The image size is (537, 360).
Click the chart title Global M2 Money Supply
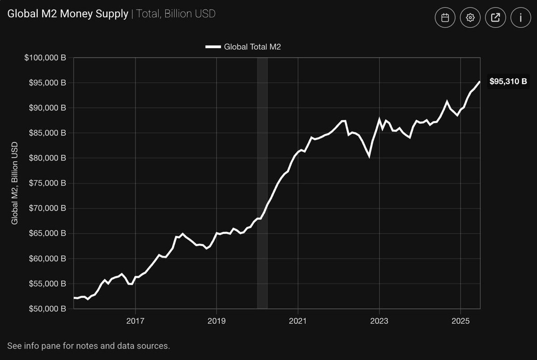tap(67, 14)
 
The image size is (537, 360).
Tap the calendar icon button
tap(445, 17)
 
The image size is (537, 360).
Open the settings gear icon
tap(470, 17)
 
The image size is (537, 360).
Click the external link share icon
tap(495, 17)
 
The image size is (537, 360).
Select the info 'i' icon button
tap(520, 17)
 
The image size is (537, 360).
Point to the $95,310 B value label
tap(508, 81)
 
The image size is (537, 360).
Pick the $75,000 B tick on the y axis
tap(45, 183)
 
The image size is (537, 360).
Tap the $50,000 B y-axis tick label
tap(45, 309)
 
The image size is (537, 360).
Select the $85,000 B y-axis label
tap(45, 133)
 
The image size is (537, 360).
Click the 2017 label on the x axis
tap(135, 321)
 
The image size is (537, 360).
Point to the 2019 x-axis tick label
tap(217, 321)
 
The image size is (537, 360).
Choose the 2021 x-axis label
tap(298, 321)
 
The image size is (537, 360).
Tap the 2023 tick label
tap(379, 321)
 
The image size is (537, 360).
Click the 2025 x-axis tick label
tap(460, 321)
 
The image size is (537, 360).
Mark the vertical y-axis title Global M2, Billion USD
tap(14, 183)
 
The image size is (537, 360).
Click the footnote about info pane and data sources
tap(89, 346)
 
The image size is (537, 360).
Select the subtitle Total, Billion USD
tap(176, 14)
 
